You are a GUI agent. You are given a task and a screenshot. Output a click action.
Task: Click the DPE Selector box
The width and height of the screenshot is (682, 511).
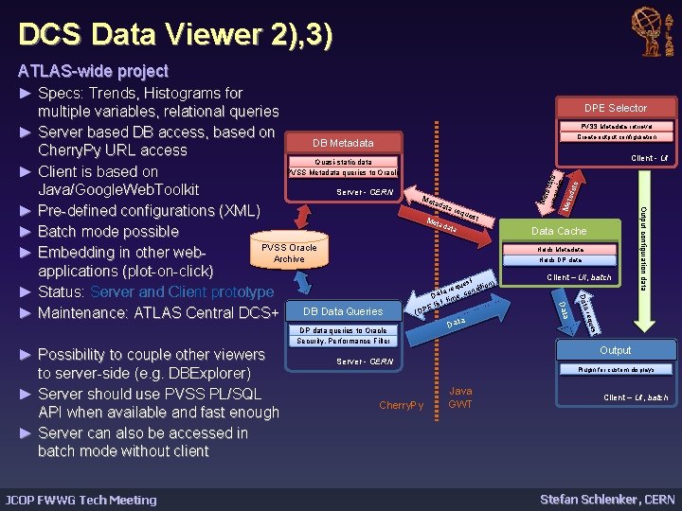pos(615,108)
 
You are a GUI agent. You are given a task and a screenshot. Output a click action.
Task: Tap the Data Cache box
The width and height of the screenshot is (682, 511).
pos(559,231)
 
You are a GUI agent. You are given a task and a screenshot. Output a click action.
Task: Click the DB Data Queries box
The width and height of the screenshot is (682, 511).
pos(343,311)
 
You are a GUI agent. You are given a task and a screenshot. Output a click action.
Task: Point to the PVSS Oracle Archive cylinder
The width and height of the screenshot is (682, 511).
pos(289,253)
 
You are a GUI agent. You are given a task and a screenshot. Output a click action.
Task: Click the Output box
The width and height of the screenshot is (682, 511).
pos(615,350)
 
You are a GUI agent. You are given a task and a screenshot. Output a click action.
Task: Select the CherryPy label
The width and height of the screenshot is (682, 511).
pos(402,405)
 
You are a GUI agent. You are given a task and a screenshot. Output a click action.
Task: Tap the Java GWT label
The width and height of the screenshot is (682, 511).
pos(460,397)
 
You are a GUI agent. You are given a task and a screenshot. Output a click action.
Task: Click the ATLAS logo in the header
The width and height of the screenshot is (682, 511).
pos(654,26)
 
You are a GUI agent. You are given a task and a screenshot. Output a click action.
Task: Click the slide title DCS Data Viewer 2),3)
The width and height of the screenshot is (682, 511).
pos(177,36)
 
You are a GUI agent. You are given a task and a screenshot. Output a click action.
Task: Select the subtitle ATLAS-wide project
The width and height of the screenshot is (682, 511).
pos(93,71)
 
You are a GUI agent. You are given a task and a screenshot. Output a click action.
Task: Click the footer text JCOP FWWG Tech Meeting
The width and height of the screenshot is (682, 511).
pos(81,500)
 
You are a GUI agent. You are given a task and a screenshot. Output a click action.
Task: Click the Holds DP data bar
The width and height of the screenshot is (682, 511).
pos(561,260)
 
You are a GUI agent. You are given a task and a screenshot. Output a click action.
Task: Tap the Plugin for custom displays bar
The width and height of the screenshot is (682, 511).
pos(615,369)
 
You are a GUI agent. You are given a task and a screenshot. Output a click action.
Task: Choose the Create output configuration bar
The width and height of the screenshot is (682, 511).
pos(615,137)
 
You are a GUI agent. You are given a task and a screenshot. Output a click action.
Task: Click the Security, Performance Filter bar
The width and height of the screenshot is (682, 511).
pos(343,341)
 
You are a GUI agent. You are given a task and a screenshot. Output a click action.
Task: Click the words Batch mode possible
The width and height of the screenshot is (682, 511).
pos(108,232)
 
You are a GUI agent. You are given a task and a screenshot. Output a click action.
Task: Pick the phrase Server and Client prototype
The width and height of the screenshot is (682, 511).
pos(182,292)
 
